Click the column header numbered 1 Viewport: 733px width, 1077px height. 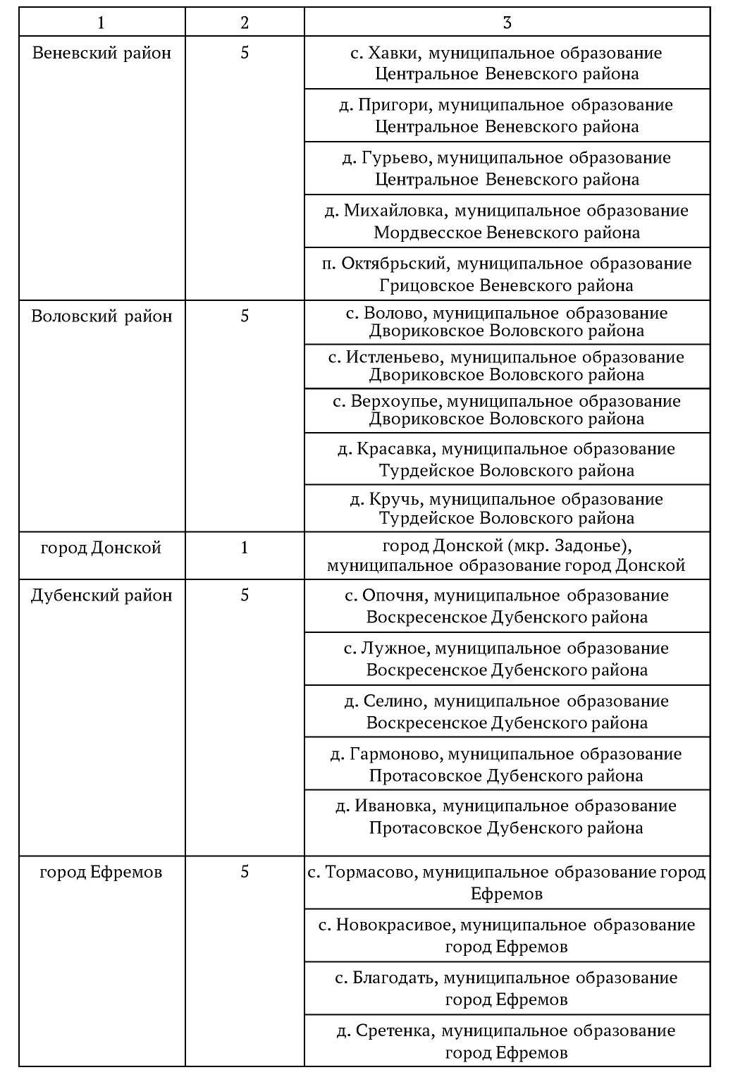click(x=101, y=23)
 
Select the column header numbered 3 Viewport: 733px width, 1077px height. click(x=507, y=23)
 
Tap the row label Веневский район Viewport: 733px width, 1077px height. click(x=101, y=53)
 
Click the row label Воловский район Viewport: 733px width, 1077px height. click(x=101, y=316)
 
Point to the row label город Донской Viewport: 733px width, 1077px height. click(x=101, y=548)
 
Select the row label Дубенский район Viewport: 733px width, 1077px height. click(x=101, y=596)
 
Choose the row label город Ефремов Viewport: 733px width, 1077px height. click(x=101, y=872)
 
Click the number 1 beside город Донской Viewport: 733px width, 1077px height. click(x=245, y=548)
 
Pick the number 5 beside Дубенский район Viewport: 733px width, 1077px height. click(x=245, y=596)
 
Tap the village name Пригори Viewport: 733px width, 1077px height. click(x=394, y=105)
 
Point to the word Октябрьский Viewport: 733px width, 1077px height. click(x=395, y=264)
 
